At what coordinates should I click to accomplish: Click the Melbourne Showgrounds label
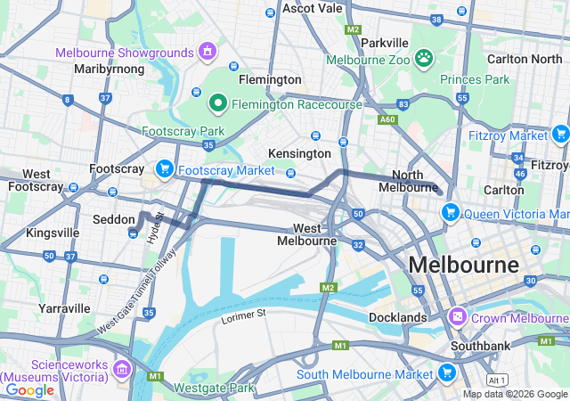tap(125, 53)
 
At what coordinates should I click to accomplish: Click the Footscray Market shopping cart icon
tap(164, 168)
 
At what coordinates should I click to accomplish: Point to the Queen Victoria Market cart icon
tap(451, 212)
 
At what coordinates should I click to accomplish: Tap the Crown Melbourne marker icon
tap(458, 316)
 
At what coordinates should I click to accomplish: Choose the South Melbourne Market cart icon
tap(447, 372)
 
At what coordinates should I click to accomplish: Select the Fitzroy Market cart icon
tap(560, 135)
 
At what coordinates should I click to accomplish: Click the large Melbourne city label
tap(463, 266)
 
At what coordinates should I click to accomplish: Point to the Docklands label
tap(397, 317)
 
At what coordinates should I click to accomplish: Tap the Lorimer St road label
tap(243, 315)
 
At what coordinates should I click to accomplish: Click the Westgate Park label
tap(214, 388)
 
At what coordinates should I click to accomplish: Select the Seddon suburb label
tap(112, 218)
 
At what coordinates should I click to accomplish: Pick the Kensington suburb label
tap(299, 153)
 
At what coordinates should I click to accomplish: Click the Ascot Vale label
tap(312, 8)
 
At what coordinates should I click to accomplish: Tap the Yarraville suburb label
tap(64, 307)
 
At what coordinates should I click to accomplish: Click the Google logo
tap(29, 389)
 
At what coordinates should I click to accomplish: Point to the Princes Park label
tap(475, 79)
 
